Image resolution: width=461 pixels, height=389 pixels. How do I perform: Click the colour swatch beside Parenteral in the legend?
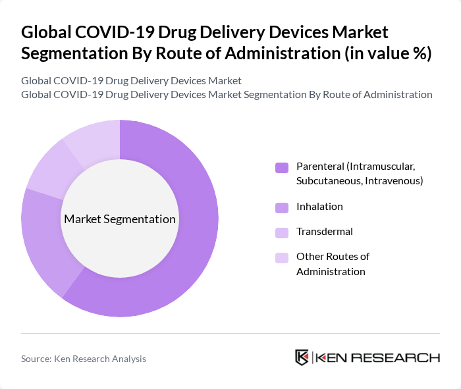pos(282,168)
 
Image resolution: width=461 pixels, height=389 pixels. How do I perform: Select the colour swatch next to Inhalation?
pos(282,207)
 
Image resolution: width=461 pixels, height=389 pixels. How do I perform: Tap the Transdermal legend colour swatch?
pos(282,232)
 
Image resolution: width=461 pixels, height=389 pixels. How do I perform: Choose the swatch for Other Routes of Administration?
pos(282,257)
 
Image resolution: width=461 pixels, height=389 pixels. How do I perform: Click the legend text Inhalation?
pos(319,207)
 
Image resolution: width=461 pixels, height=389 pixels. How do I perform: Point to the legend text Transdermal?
pos(325,232)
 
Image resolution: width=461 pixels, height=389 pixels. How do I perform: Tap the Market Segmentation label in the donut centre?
pos(120,219)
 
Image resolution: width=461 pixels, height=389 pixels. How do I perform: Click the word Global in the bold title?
pos(49,32)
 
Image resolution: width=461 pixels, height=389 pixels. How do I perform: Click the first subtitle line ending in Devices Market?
pos(131,80)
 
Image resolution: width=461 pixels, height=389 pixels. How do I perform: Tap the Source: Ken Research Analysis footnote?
pos(84,359)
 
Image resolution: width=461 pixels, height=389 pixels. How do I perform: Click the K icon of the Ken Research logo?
pos(302,357)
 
